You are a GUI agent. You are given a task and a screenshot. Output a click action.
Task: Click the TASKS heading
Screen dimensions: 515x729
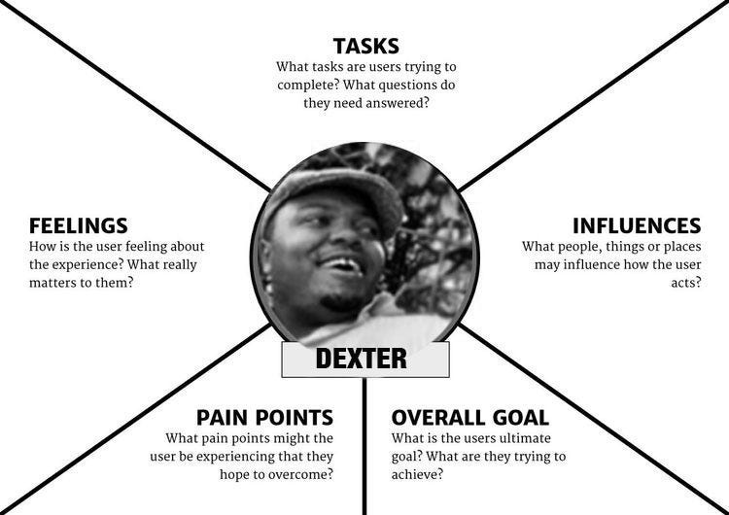(x=365, y=46)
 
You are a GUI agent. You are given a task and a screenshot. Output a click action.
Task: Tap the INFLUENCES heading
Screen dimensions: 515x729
(x=636, y=226)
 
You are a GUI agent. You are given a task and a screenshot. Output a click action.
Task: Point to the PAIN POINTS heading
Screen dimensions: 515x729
(x=264, y=418)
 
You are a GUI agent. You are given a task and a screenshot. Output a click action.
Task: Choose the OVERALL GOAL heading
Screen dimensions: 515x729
(x=469, y=418)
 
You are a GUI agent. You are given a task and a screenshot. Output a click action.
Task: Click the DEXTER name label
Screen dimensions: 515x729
(x=362, y=359)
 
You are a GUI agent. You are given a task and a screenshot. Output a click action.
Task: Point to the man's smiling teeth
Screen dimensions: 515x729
(x=340, y=263)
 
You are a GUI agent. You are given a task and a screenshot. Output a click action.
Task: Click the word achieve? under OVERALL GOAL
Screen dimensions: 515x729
(x=417, y=474)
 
